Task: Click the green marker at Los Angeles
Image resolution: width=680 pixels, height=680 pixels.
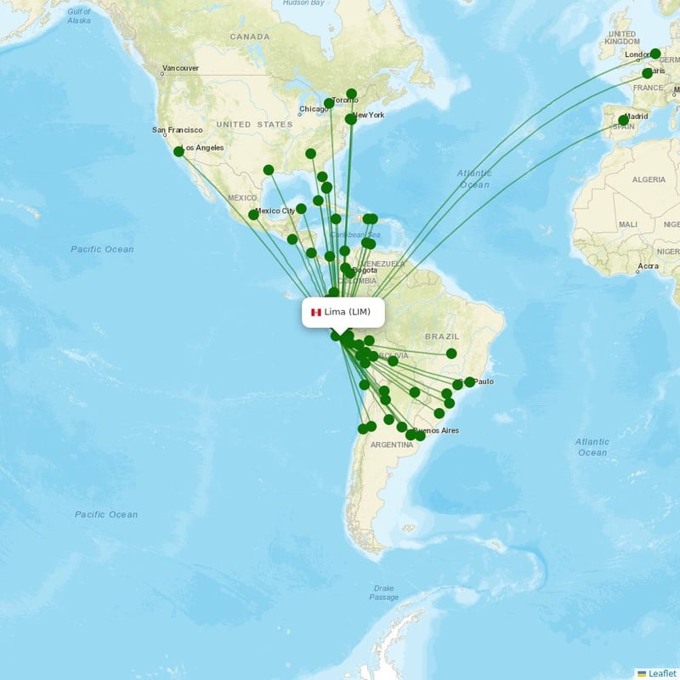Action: point(178,151)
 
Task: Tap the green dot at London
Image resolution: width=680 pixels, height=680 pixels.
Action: point(655,54)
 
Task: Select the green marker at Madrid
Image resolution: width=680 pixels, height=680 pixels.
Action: point(623,121)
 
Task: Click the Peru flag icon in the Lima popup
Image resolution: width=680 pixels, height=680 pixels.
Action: point(315,312)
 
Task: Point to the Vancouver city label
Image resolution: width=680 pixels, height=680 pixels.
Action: point(180,68)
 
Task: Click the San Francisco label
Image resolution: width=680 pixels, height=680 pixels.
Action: point(178,130)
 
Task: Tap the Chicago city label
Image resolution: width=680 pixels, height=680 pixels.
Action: point(314,110)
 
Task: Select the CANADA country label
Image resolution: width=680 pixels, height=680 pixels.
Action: point(249,37)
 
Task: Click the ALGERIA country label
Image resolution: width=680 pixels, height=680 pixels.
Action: point(649,179)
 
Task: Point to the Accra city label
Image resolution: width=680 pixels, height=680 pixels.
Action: point(648,266)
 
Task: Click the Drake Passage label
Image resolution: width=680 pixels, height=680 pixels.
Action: point(383,592)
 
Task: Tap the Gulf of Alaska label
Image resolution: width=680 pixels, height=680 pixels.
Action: point(78,15)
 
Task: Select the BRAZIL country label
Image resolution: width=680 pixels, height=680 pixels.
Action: point(441,336)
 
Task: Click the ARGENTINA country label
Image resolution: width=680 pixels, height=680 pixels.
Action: point(392,445)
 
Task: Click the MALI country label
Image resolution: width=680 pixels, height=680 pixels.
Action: point(628,224)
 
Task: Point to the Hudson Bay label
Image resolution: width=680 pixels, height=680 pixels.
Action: point(303,3)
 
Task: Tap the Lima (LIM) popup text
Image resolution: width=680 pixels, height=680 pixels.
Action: point(347,312)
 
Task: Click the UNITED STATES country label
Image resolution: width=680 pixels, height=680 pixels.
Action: point(254,124)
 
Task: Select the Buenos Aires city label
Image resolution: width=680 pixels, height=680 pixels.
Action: point(436,430)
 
